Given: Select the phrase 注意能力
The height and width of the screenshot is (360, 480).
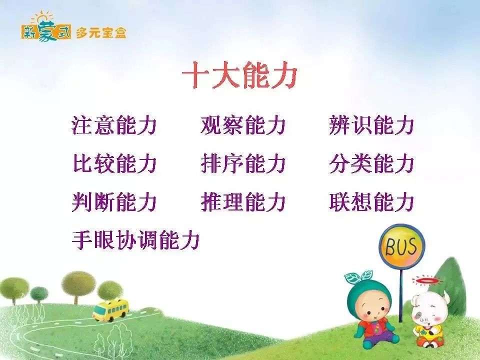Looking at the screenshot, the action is [x=114, y=125].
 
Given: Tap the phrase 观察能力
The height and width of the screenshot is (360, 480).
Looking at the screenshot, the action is [x=243, y=125].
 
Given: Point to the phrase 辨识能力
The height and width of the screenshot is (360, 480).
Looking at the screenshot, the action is [x=371, y=125].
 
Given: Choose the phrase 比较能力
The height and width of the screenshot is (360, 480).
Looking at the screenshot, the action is [x=114, y=163].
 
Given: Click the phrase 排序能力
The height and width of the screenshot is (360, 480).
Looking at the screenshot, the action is [x=243, y=163].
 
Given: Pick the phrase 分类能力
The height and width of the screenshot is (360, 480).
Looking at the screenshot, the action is [x=371, y=163].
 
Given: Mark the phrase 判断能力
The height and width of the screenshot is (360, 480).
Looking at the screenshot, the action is [x=114, y=201].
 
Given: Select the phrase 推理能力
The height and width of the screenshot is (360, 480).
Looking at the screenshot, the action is [x=243, y=201].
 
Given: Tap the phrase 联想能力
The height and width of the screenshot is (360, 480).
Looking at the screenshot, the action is [x=371, y=201].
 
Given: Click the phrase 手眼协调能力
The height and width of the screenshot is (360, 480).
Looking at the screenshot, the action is [x=135, y=240].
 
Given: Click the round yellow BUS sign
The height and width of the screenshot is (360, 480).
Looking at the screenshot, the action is [x=401, y=246].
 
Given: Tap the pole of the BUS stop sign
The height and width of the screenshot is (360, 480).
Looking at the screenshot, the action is [x=401, y=295].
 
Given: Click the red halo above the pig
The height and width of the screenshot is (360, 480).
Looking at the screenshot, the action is [x=426, y=280].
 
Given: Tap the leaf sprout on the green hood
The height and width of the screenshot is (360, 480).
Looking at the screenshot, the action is [x=359, y=276].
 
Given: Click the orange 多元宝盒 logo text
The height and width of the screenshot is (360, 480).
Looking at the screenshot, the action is [x=100, y=32].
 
